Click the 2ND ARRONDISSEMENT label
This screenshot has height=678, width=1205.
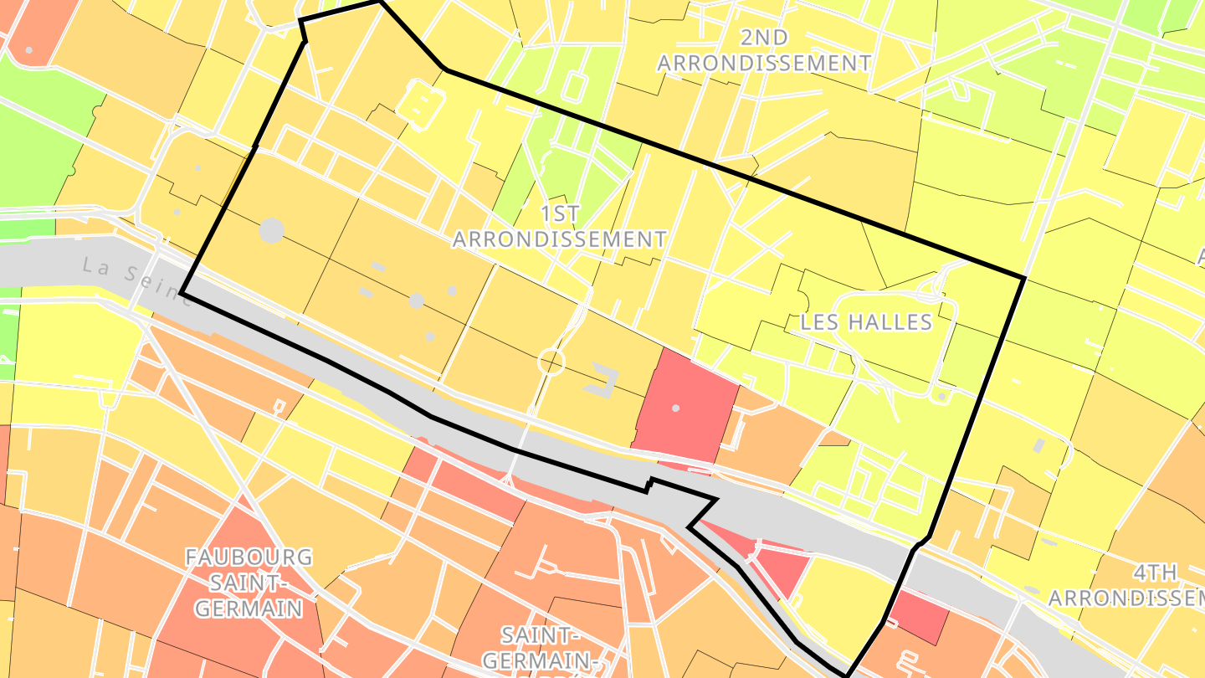coord(764,50)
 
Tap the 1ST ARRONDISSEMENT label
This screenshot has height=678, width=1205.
coord(560,227)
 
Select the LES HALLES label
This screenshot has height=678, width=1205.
coord(866,322)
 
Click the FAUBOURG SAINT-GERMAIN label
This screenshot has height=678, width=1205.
coord(249,582)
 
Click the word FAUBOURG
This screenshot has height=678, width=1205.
coord(249,557)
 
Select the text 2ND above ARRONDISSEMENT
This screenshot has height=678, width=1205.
coord(764,38)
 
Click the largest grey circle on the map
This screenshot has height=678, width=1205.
coord(272,230)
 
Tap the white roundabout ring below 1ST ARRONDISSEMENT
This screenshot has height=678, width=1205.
coord(552,362)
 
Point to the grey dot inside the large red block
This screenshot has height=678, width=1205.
coord(676,408)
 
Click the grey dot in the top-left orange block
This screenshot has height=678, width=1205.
coord(29,50)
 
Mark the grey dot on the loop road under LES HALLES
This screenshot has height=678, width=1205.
coord(941,396)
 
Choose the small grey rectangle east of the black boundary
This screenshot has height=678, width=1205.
coord(1040,445)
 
